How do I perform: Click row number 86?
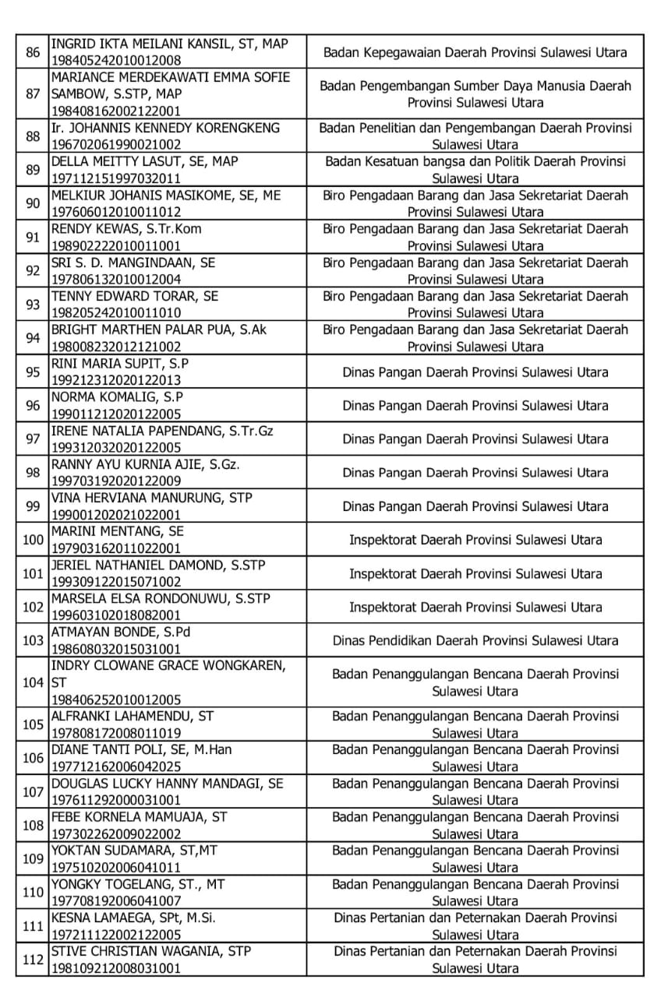[33, 52]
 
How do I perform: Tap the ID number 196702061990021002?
[115, 144]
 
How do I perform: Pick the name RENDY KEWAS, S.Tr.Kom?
[121, 229]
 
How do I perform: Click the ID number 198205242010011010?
[115, 312]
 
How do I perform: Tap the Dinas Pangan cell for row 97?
[475, 439]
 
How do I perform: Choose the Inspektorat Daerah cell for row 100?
[475, 540]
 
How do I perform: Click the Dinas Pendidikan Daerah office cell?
[475, 640]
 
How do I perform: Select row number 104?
[33, 682]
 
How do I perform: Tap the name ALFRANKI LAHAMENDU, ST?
[132, 716]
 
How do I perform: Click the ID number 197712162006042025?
[115, 766]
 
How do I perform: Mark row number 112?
[33, 960]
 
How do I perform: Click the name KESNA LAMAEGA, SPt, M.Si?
[133, 918]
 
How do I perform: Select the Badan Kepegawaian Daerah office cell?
[475, 52]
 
